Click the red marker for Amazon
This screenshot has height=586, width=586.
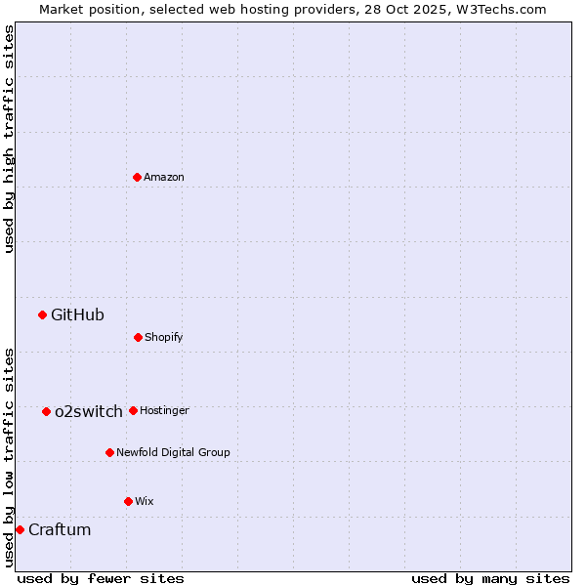[138, 177]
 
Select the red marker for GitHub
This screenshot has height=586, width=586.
[42, 314]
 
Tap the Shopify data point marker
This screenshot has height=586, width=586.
[138, 337]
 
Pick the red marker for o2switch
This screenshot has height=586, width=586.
[46, 411]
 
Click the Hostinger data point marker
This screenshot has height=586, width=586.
[133, 410]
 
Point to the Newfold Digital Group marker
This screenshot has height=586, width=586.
[109, 452]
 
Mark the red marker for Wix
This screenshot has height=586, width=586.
[128, 501]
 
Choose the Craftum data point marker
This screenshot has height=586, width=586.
[20, 529]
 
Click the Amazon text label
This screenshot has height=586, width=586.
[164, 177]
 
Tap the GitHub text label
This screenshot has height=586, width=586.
[77, 314]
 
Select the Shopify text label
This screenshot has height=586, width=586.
[164, 337]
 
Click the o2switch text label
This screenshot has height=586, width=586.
[89, 411]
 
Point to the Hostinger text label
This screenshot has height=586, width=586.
[164, 410]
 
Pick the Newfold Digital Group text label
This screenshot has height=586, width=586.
[173, 452]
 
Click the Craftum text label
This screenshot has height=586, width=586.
[60, 529]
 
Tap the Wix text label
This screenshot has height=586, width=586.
[145, 501]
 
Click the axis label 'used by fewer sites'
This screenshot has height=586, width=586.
[101, 578]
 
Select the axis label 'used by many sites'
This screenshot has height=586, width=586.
[490, 578]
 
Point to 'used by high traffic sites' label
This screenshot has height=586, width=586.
[9, 139]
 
